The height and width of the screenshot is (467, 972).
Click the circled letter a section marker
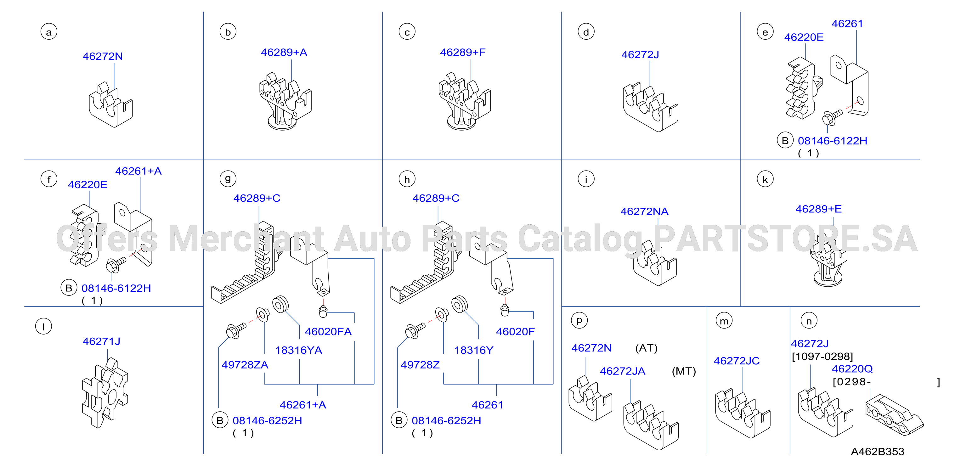(49, 32)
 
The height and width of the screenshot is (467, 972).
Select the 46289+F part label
(463, 53)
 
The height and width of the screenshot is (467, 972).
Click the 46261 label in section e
(847, 24)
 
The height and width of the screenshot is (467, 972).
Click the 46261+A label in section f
(138, 171)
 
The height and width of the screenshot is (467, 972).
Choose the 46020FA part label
(328, 332)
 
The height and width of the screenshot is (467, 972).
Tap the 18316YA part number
(298, 351)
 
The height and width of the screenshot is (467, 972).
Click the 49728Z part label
(420, 365)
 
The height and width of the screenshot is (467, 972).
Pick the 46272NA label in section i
(644, 211)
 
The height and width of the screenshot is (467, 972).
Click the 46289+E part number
(818, 209)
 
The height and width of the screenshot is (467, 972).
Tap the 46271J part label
(101, 341)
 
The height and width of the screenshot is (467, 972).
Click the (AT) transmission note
(646, 348)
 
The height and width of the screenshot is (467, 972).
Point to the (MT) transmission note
(684, 371)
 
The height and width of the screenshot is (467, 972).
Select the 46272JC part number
(737, 361)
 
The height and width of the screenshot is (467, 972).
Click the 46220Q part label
(852, 369)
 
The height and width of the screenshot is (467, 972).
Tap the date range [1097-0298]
(822, 357)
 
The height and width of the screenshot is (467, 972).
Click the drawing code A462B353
(877, 452)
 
